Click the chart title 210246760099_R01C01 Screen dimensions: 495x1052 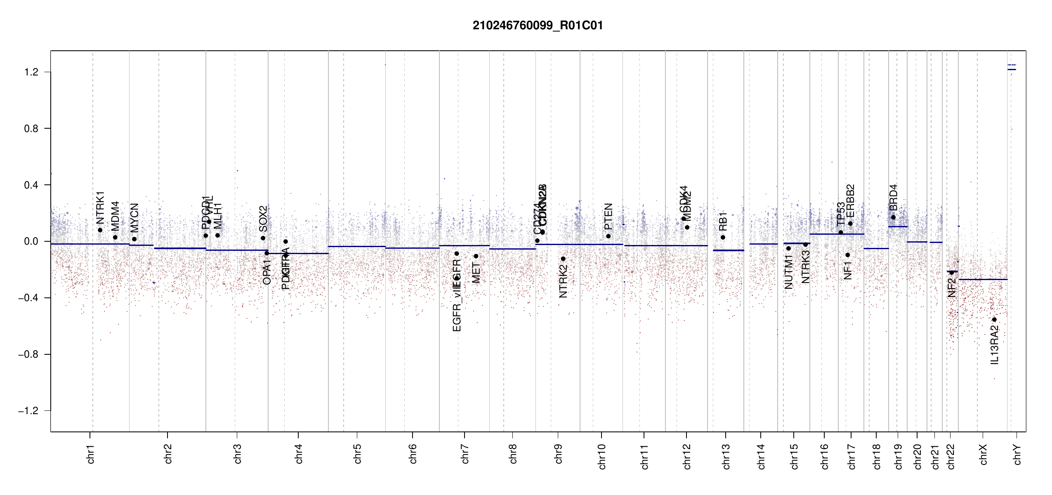click(538, 26)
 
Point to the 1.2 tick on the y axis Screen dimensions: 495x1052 click(31, 72)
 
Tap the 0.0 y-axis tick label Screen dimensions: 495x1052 click(31, 241)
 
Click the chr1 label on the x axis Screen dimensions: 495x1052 click(91, 454)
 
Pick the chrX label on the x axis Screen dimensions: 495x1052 click(984, 454)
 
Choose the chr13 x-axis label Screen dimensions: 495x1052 click(726, 456)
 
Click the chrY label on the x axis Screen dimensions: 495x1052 click(1017, 454)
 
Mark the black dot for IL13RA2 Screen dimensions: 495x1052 click(994, 320)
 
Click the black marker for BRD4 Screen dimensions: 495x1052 click(893, 217)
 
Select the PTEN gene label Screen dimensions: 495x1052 click(609, 217)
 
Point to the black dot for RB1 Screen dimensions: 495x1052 click(723, 238)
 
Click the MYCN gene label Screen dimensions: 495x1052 click(134, 218)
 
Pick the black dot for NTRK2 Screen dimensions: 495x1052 click(563, 259)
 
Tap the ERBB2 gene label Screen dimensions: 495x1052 click(850, 201)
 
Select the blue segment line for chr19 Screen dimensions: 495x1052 click(898, 227)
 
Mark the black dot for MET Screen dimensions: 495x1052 click(476, 256)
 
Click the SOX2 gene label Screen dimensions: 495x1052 click(263, 219)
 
